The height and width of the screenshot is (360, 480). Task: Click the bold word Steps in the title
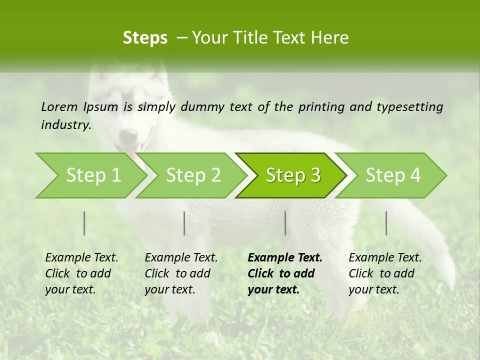pos(145,37)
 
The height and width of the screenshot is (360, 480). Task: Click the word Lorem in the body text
pos(59,106)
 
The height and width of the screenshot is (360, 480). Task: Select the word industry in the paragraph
pos(66,124)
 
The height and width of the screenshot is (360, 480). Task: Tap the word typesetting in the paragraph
pos(408,106)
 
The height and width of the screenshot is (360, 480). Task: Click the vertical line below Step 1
pos(84,223)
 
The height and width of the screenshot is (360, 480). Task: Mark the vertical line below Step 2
pos(184,223)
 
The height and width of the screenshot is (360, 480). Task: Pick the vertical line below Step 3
pos(285,223)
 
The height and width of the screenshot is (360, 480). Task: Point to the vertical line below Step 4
pos(386,223)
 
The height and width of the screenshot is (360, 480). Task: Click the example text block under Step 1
pos(81,273)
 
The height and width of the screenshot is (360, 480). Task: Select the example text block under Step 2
pos(181,273)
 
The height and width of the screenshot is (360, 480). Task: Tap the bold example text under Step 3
pos(284,273)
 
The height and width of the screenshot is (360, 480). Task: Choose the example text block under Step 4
pos(384,273)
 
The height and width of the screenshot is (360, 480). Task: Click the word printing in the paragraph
pos(317,106)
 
